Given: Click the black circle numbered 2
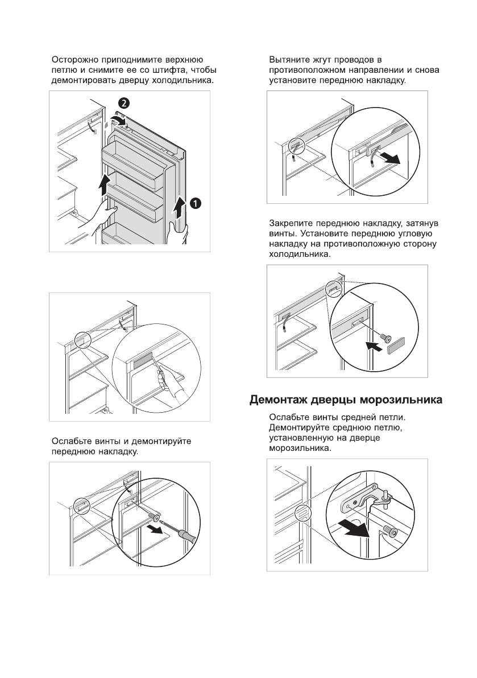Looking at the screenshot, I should click(123, 103).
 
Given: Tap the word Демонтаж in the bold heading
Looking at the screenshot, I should click(280, 401).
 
